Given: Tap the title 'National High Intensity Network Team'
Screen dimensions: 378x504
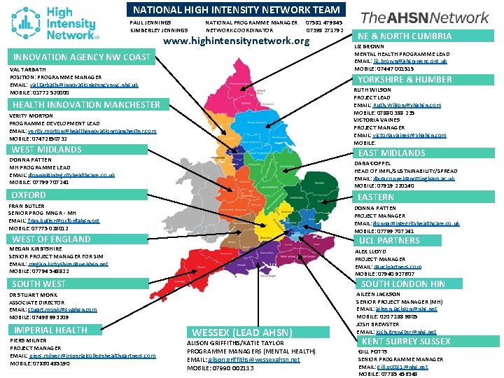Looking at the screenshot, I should tap(227, 10).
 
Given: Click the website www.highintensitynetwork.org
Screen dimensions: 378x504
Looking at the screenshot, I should tap(236, 41).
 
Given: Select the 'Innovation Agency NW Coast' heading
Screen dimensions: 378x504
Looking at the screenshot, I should tap(81, 57).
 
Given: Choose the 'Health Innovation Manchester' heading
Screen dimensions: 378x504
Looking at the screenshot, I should tap(86, 104).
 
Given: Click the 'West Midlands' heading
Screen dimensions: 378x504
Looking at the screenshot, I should tap(47, 149).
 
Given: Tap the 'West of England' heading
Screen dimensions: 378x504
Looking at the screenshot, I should tap(51, 239).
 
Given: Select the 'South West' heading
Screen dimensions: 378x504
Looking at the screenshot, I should tap(39, 283).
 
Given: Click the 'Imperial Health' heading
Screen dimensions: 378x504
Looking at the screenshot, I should tap(51, 330).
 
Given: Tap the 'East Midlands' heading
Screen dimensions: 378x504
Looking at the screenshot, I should tap(392, 153).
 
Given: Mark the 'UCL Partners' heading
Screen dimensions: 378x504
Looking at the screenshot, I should tap(389, 240).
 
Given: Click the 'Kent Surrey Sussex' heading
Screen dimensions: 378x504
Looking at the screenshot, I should tap(406, 341).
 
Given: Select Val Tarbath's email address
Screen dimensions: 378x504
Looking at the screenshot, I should tap(84, 85).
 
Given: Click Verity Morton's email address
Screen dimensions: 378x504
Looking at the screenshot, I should tap(92, 131).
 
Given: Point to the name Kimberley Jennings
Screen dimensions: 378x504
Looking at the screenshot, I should tap(159, 30).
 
